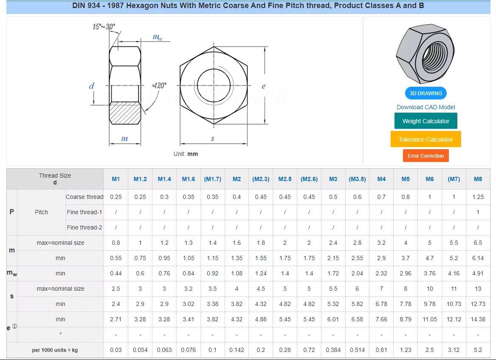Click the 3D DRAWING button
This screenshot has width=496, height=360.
tap(426, 93)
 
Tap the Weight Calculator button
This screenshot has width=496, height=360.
tap(426, 121)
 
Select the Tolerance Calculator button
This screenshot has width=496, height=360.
tap(426, 139)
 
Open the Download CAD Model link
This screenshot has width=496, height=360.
tap(426, 107)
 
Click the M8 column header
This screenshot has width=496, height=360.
tap(478, 179)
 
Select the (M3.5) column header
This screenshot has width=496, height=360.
tap(357, 179)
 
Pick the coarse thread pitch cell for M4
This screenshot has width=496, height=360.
tap(381, 197)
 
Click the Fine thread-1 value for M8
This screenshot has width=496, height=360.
tap(478, 212)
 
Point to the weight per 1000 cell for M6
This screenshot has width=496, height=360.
tap(430, 350)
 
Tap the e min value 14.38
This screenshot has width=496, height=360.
tap(478, 319)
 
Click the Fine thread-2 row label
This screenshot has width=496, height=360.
tap(85, 227)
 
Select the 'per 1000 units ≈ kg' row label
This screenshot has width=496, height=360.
tap(55, 350)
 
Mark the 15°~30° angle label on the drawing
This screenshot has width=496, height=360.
tap(104, 27)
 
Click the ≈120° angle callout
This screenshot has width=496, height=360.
tap(159, 85)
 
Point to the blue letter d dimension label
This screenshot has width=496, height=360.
tap(91, 86)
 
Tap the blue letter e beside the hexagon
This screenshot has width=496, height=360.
tap(263, 86)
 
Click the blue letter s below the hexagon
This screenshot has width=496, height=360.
tap(213, 139)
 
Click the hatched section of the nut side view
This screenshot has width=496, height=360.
tap(125, 113)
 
